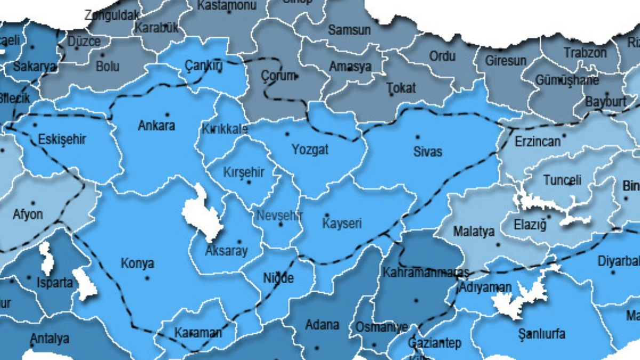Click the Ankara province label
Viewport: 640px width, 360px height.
tap(156, 126)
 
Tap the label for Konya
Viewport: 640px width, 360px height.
tap(137, 263)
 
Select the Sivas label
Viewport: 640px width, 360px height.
tap(428, 151)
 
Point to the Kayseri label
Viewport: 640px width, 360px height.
tap(342, 223)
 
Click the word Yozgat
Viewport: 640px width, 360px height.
tap(310, 150)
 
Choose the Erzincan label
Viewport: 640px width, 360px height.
tap(538, 142)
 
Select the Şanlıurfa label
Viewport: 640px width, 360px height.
tap(541, 334)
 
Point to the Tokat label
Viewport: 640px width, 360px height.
tap(401, 87)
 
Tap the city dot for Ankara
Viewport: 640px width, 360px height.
tap(167, 114)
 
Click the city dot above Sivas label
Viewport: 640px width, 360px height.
tap(418, 137)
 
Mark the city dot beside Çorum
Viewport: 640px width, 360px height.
tap(297, 76)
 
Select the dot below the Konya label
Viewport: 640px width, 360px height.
tap(147, 278)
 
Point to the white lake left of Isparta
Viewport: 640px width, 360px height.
tap(47, 260)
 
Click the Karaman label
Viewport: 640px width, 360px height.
tap(198, 333)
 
